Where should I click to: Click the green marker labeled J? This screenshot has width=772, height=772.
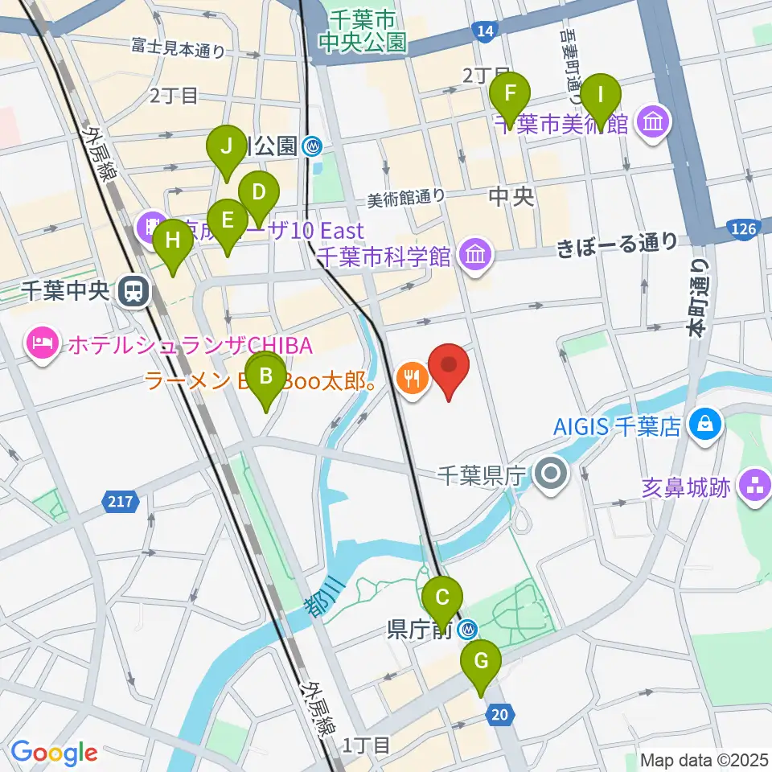point(227,148)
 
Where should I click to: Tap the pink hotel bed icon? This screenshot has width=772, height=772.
point(42,345)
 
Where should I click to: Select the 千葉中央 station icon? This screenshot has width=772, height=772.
point(130,291)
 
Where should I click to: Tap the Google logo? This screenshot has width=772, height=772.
point(54,753)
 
